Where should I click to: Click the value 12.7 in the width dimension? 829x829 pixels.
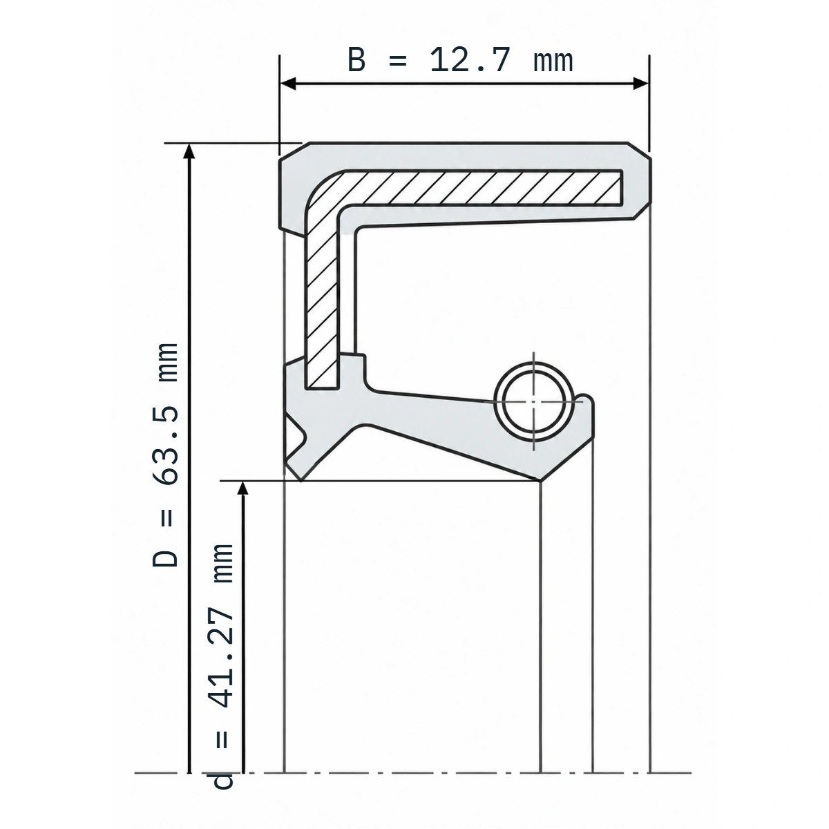click(470, 60)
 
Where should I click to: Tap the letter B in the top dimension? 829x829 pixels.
click(356, 60)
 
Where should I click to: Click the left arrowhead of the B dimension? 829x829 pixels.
click(288, 84)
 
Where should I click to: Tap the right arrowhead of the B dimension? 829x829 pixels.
click(641, 84)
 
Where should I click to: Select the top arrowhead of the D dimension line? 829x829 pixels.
click(189, 151)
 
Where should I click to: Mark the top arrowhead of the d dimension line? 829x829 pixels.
click(243, 488)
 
